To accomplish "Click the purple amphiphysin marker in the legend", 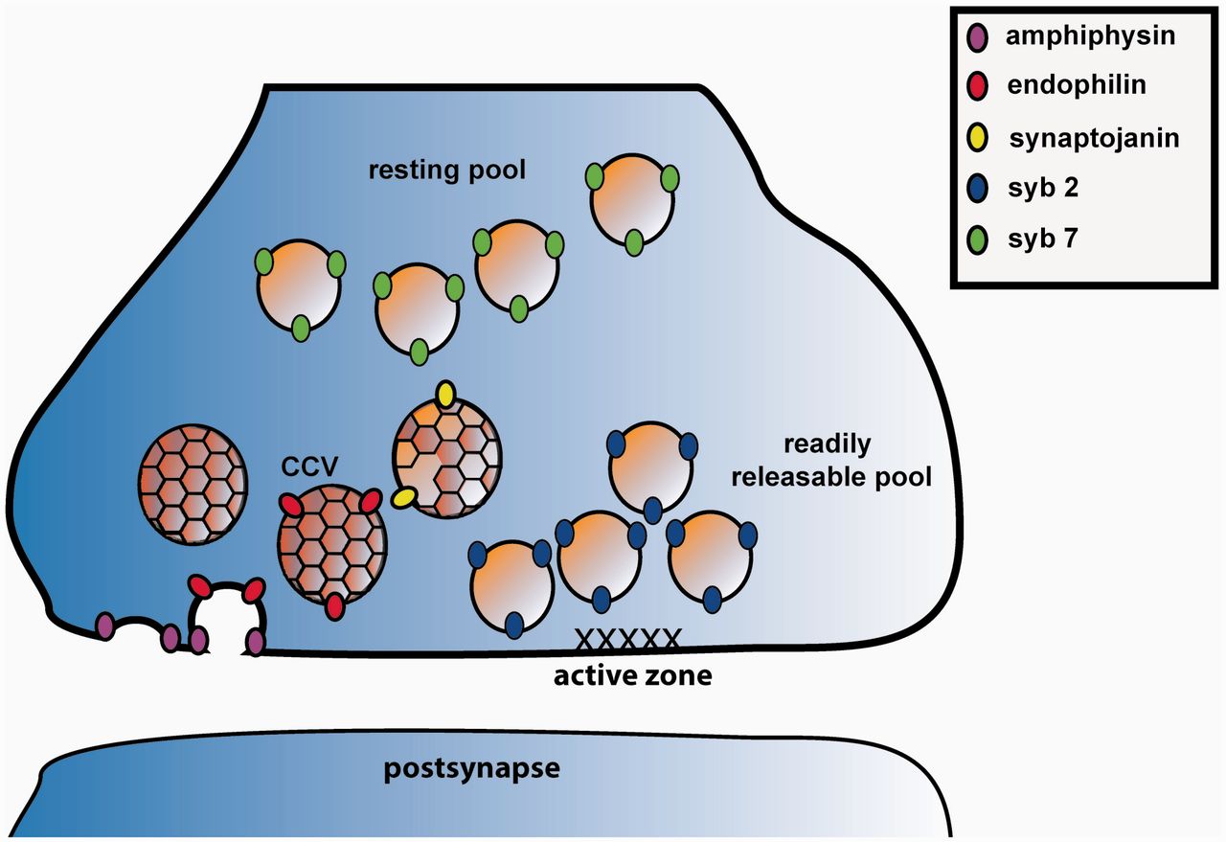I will [979, 39].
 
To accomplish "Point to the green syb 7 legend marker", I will [979, 239].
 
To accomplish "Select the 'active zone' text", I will [632, 675].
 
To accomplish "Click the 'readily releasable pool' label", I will [830, 461].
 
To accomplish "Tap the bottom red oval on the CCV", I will [334, 606].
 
